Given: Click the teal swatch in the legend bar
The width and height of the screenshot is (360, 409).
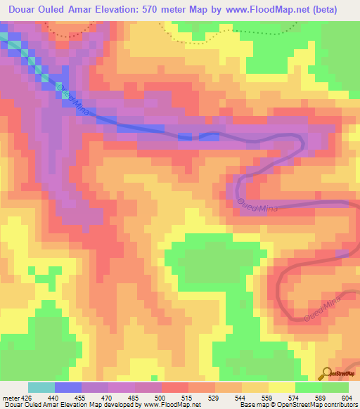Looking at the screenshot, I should (x=41, y=387).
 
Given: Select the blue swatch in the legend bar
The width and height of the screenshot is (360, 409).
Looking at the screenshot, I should (x=68, y=387).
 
